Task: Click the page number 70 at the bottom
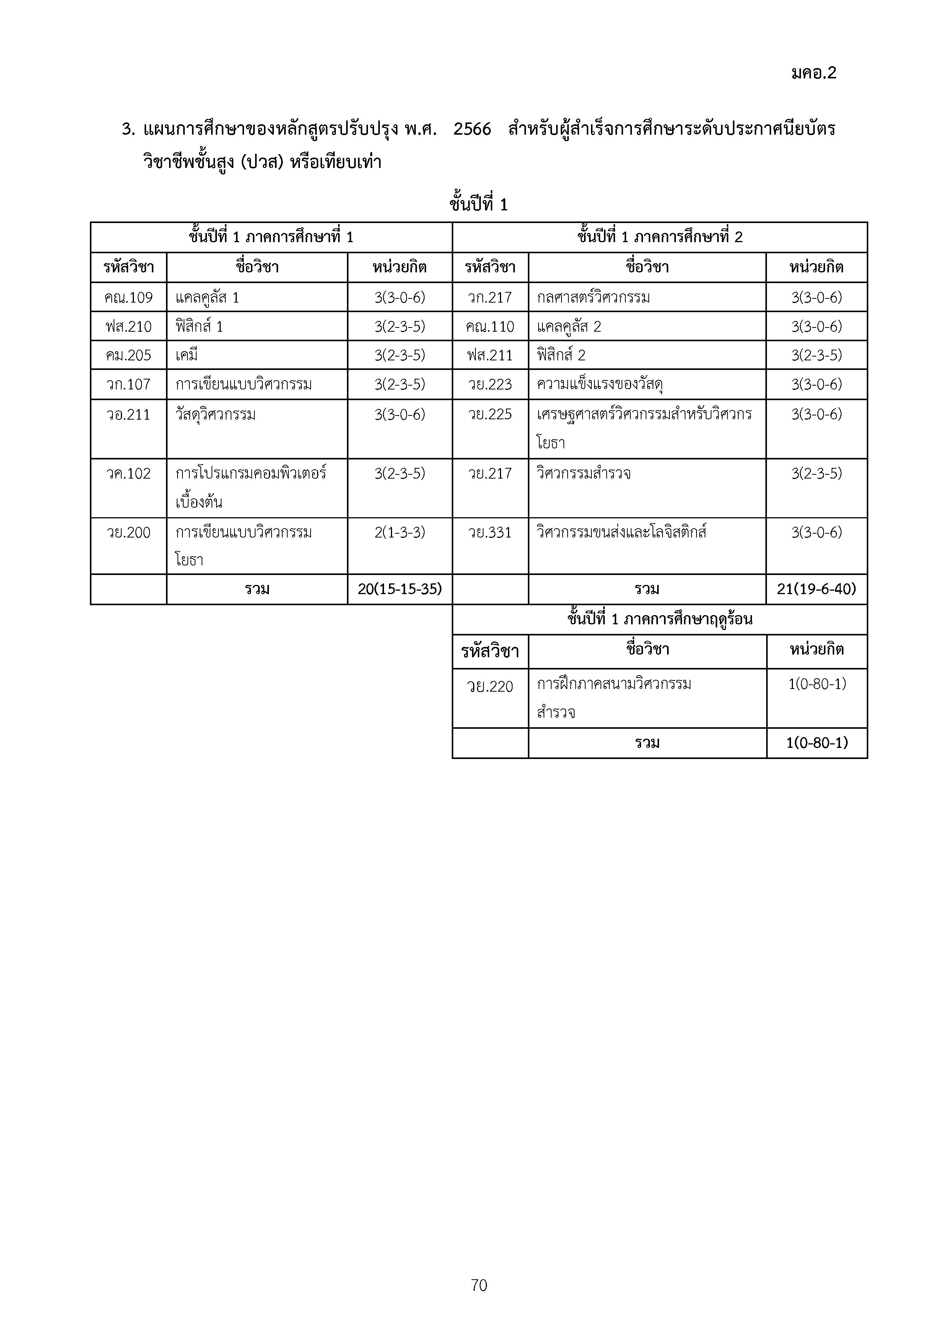pyautogui.click(x=479, y=1285)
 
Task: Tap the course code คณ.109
pyautogui.click(x=129, y=298)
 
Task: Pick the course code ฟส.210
pyautogui.click(x=129, y=326)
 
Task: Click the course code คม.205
pyautogui.click(x=129, y=355)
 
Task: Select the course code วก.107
pyautogui.click(x=129, y=384)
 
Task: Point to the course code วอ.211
pyautogui.click(x=129, y=414)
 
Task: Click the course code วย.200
pyautogui.click(x=129, y=533)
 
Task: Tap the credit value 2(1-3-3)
pyautogui.click(x=400, y=533)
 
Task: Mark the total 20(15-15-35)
pyautogui.click(x=400, y=589)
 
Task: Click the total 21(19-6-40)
pyautogui.click(x=816, y=589)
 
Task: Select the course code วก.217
pyautogui.click(x=490, y=298)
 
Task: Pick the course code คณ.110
pyautogui.click(x=490, y=326)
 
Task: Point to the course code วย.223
pyautogui.click(x=490, y=384)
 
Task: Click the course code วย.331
pyautogui.click(x=490, y=533)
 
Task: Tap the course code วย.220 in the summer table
pyautogui.click(x=490, y=686)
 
